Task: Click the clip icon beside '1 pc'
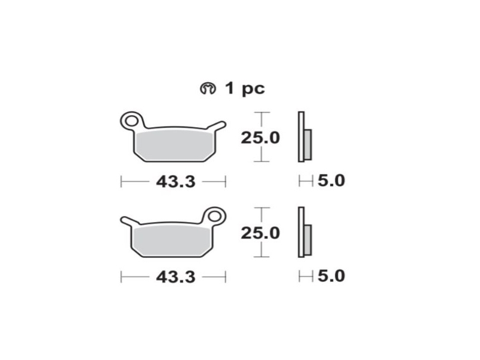coord(208,89)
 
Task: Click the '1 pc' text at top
coord(245,89)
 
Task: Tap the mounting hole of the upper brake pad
coord(132,121)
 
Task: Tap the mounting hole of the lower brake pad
coord(214,217)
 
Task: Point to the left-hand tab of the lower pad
coord(128,221)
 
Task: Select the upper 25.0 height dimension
coord(260,138)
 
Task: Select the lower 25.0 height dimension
coord(260,233)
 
